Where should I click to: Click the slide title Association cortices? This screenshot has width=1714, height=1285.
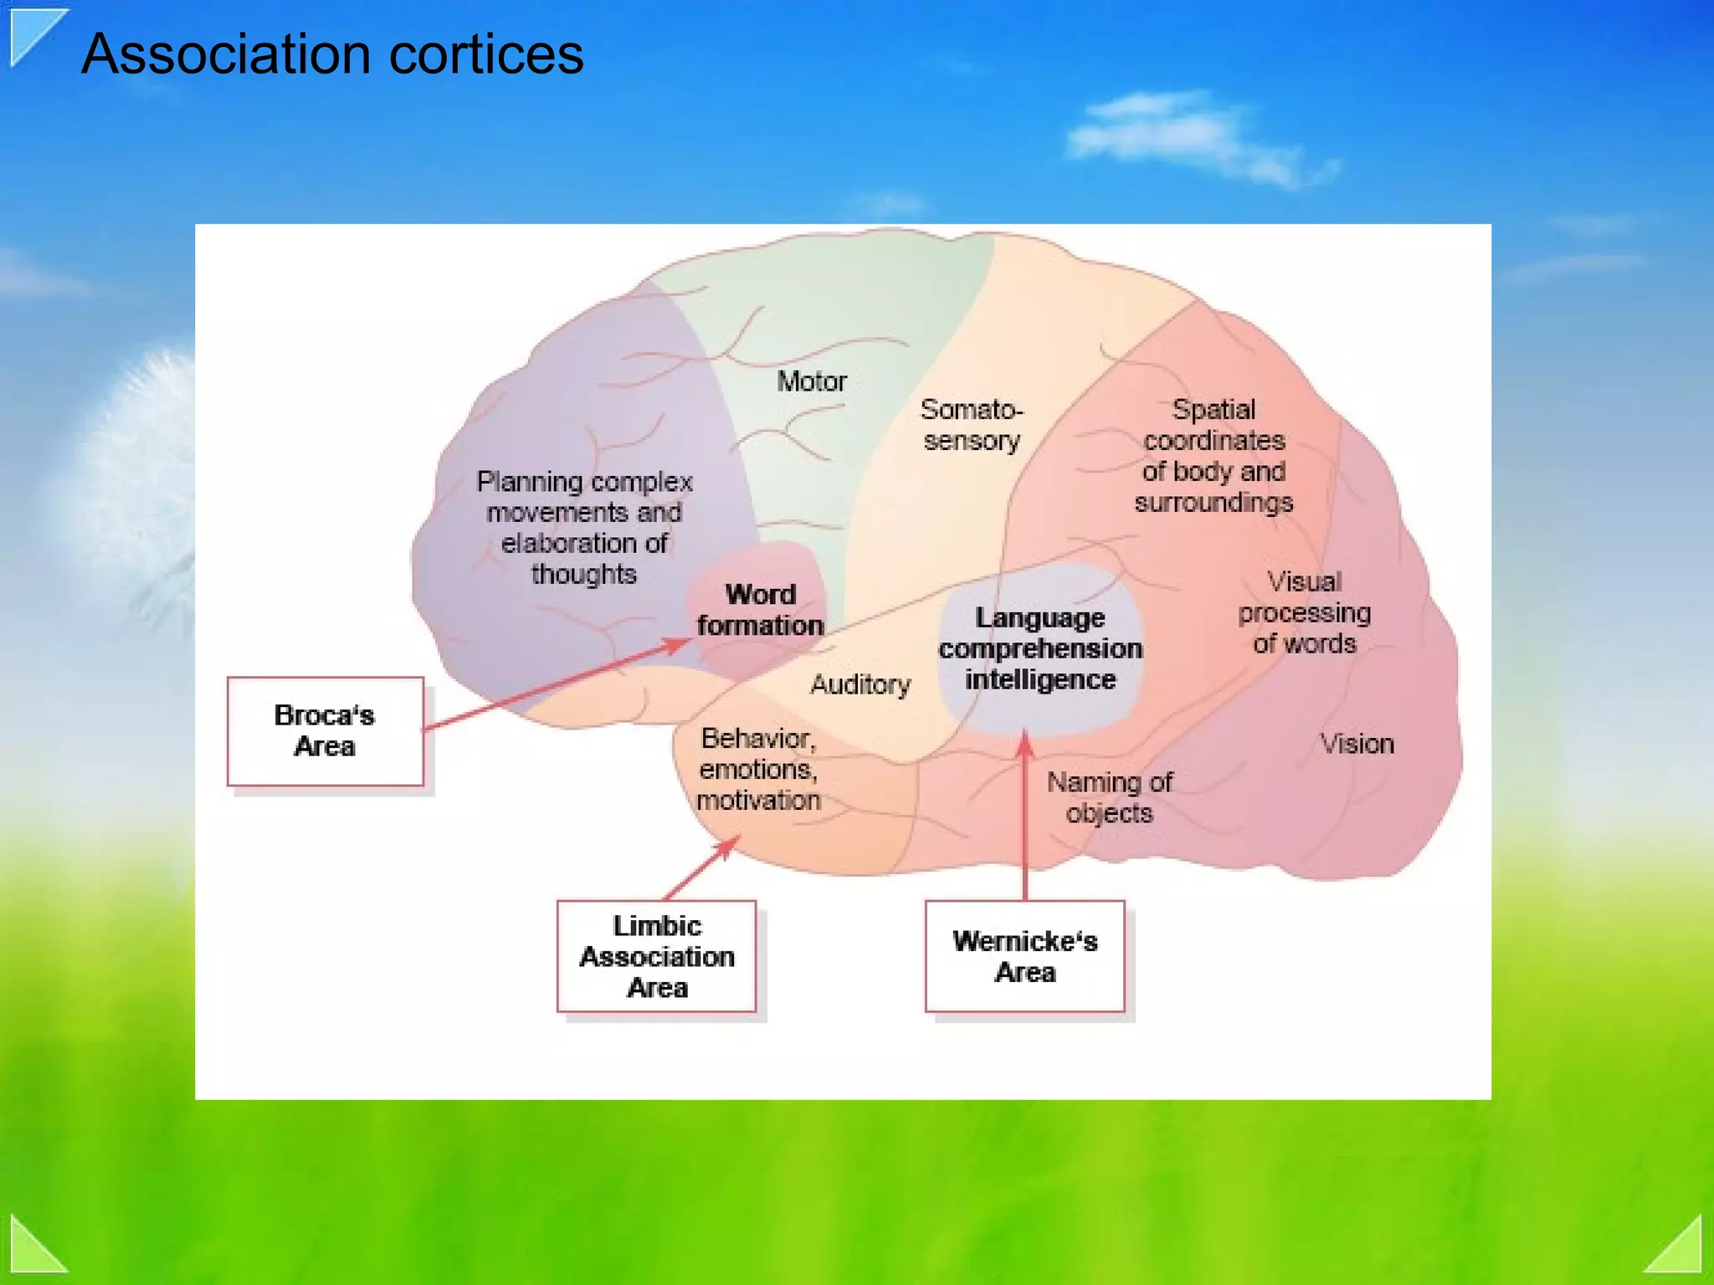point(332,54)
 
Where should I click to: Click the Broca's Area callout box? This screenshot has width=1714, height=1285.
point(325,731)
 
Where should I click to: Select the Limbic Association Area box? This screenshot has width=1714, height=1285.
point(657,956)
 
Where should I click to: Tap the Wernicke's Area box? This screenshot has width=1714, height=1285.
point(1024,956)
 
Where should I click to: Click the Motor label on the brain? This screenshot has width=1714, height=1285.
point(811,381)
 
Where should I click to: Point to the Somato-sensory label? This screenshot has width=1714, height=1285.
point(971,425)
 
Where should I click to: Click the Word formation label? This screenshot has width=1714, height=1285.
point(760,610)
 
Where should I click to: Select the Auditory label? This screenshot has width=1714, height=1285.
point(860,684)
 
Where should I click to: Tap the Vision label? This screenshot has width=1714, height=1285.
point(1357,744)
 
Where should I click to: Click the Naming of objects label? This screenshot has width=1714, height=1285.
point(1109,797)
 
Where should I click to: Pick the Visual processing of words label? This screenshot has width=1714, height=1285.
point(1304,612)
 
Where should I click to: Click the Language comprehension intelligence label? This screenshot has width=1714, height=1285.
point(1039,648)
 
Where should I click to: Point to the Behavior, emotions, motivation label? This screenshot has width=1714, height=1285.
point(758,769)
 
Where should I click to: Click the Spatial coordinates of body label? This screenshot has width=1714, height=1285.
point(1214,456)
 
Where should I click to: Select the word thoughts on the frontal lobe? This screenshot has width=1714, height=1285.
point(583,575)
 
